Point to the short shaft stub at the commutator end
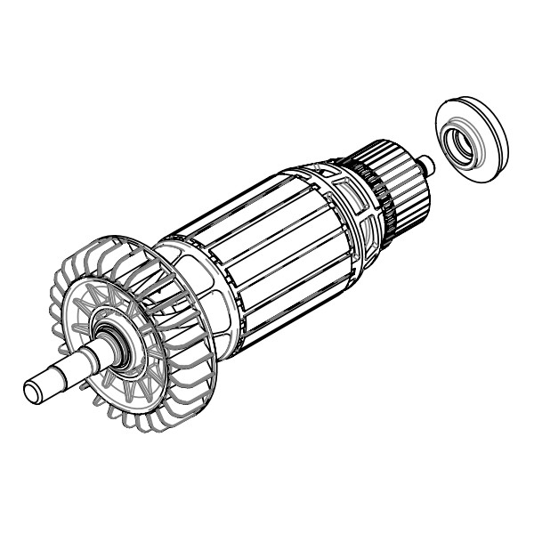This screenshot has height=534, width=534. tap(429, 165)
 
